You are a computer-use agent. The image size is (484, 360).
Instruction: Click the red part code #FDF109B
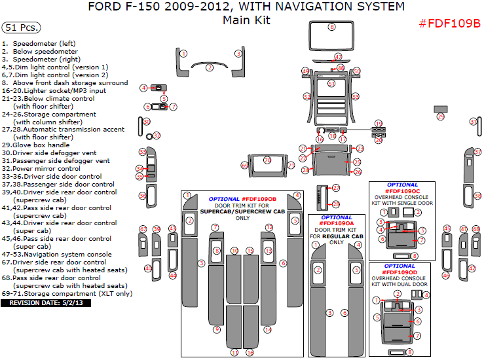coord(449,24)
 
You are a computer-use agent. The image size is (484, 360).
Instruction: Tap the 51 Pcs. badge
coord(21,28)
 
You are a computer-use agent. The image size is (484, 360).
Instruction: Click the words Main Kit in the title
coord(246,20)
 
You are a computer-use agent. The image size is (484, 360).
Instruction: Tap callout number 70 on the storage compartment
coord(267,160)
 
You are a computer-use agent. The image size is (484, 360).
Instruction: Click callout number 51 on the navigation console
coord(331,84)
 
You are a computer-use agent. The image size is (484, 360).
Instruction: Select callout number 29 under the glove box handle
coord(440,117)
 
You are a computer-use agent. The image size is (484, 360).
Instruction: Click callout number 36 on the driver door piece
coord(142,196)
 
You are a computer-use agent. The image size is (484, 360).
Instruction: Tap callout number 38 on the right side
coord(477,196)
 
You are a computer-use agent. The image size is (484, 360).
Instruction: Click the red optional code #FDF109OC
coord(403,191)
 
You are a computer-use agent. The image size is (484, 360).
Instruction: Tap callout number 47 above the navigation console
coord(338,57)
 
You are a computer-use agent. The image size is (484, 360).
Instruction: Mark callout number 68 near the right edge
coord(476,229)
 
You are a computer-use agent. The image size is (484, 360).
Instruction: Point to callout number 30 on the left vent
coord(147,122)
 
